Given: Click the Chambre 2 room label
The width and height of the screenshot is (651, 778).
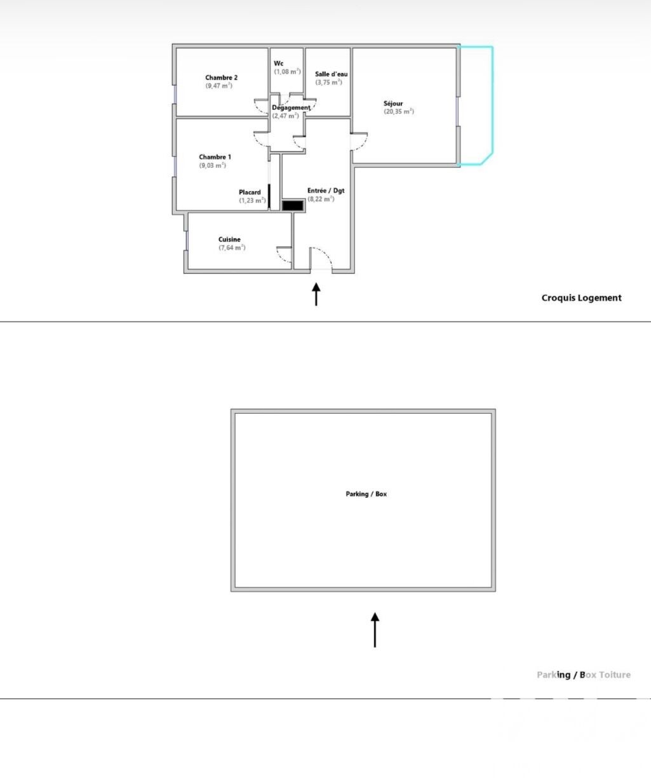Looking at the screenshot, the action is coord(221,78).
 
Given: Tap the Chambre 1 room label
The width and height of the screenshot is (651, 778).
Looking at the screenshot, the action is coord(215,157).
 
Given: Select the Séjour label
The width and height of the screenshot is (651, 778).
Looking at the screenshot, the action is coord(393,104).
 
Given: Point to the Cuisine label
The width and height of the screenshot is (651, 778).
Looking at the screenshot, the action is coord(229,239).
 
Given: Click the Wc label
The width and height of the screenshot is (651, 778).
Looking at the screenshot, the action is coord(278,64).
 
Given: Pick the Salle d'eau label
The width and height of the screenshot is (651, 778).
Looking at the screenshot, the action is coord(331,74).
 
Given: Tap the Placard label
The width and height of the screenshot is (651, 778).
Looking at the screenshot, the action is coord(250,192).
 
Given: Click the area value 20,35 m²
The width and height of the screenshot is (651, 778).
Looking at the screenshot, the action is coord(399,111).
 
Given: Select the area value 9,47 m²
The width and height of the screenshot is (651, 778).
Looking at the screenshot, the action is coord(219,86).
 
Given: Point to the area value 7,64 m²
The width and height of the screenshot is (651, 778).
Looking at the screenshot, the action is coord(232,247).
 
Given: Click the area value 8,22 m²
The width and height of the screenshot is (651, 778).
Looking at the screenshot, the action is coord(321,199).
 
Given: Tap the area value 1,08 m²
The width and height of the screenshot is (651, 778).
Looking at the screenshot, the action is coord(288,72).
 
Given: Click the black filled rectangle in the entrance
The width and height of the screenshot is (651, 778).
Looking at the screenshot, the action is coord(292,206).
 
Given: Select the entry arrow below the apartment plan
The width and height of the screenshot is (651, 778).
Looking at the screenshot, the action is coord(316,294).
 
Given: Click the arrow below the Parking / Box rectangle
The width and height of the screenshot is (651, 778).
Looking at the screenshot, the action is coord(375,630).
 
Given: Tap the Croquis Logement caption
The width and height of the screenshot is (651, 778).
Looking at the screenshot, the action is coord(581,297).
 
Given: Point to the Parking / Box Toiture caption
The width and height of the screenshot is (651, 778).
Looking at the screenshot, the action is coord(584,675).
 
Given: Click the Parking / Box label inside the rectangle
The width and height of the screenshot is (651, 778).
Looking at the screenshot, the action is coord(366,494).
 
